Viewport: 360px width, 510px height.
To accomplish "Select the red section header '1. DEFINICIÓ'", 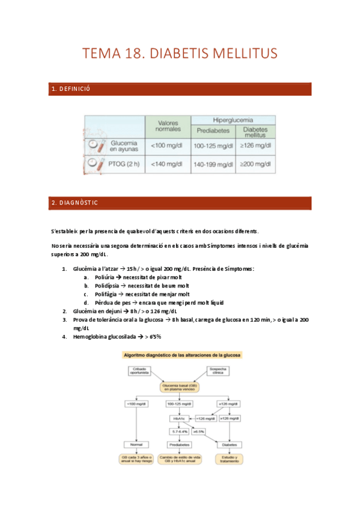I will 70,90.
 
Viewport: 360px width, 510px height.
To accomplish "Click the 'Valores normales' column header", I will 168,126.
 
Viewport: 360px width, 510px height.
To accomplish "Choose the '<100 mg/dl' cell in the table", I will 168,146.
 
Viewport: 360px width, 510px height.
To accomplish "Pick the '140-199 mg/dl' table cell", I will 213,164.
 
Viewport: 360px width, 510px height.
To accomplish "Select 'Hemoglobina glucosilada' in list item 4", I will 105,337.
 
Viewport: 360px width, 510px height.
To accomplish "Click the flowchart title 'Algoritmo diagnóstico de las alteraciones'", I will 182,355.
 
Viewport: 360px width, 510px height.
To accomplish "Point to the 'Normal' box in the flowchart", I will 132,444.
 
